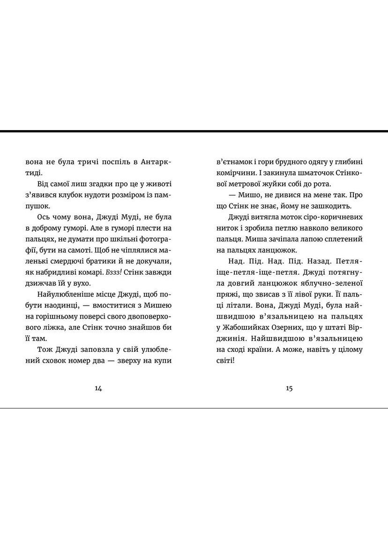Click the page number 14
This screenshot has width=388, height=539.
(98, 388)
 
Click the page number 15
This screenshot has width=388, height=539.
(289, 388)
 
